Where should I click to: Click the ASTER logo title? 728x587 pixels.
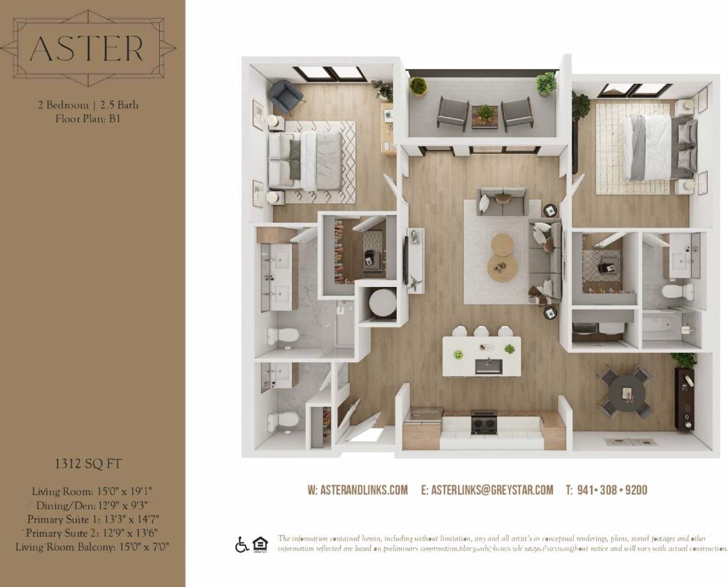[x=86, y=48]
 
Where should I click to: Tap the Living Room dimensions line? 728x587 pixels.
[x=92, y=491]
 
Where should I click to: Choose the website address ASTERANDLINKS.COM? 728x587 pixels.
[x=358, y=490]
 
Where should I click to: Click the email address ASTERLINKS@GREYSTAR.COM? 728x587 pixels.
[x=487, y=490]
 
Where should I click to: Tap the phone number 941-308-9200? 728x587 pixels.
[x=606, y=490]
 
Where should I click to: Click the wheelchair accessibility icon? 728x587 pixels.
[x=242, y=544]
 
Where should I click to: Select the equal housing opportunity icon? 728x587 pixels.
[x=260, y=544]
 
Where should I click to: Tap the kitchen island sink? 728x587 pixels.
[x=489, y=366]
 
